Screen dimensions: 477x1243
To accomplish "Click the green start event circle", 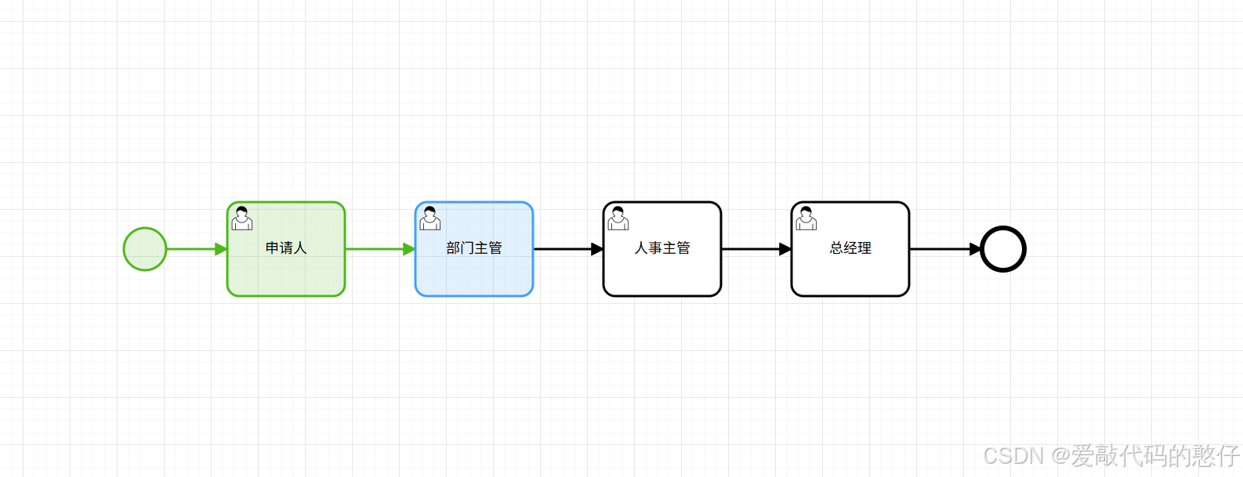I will pos(145,249).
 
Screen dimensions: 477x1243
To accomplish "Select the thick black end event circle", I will pos(1003,249).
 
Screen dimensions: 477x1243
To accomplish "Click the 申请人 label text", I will pos(286,248).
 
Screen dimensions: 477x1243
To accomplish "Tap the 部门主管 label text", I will pos(474,248).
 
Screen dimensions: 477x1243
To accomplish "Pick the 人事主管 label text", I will pos(662,248).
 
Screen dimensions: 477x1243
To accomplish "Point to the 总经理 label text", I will pos(850,248).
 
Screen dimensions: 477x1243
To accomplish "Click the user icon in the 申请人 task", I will pos(242,219).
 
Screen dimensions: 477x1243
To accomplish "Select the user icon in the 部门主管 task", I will pos(430,219).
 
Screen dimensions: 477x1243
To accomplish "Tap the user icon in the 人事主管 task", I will pos(618,219).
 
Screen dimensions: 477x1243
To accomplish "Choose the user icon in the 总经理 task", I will pos(806,219).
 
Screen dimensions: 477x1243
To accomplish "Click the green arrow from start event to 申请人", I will pos(192,249).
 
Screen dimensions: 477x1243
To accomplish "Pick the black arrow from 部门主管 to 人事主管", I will pos(564,249).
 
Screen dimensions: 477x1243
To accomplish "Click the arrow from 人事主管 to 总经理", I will pos(752,249).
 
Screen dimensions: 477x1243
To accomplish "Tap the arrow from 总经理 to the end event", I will pos(940,249).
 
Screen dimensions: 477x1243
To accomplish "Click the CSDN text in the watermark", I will pos(1013,456).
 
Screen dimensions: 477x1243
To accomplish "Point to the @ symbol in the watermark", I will pos(1060,456).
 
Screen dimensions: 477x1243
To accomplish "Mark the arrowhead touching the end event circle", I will pos(976,249).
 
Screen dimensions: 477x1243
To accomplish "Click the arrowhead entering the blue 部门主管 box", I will pos(409,249).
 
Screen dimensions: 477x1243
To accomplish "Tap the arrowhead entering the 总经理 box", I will pos(785,249).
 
